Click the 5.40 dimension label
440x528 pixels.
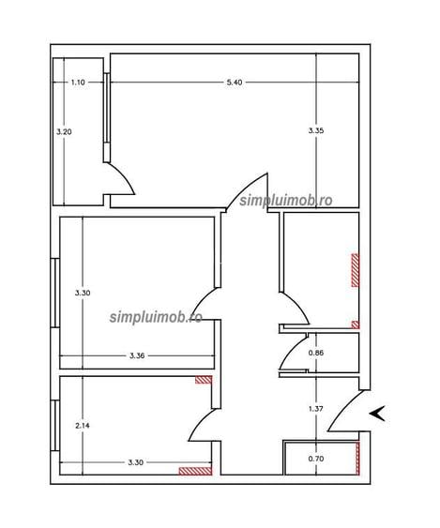[235, 83]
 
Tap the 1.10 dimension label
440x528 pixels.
[78, 83]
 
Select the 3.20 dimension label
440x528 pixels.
[64, 131]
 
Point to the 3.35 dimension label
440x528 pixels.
[316, 130]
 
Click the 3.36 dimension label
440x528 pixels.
[137, 355]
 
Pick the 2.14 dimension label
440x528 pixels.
[83, 426]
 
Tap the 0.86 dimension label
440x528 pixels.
[316, 353]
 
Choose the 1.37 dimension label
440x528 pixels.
[316, 409]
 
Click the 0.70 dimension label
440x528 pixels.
[316, 459]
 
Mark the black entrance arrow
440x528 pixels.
[379, 414]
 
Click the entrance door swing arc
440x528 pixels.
[343, 409]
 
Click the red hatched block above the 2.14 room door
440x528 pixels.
[204, 380]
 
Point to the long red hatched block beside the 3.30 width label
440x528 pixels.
[195, 471]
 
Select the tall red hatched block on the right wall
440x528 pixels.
[356, 270]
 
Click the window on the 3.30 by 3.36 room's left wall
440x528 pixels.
[55, 293]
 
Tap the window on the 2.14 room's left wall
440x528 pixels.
[55, 425]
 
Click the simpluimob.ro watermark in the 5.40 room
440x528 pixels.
[286, 201]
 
